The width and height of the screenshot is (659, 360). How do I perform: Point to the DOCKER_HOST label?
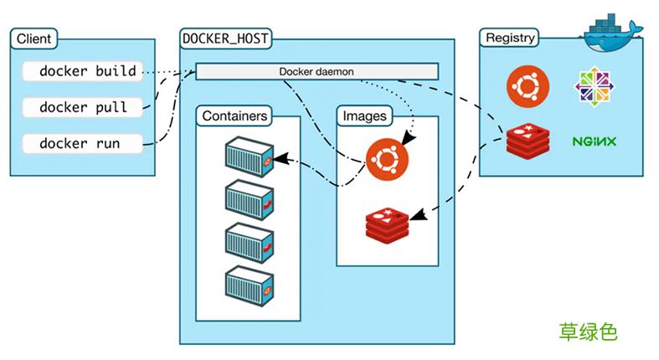pos(225,39)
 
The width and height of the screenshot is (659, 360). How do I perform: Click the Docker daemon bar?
pos(317,71)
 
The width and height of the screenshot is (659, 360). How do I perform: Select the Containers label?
pos(234,116)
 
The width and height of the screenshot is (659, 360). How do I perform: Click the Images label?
pos(365,116)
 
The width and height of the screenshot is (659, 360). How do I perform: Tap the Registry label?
pos(509,38)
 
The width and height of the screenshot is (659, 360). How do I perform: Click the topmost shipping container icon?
pos(250,157)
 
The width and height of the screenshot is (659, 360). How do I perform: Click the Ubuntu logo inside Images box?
pos(388,158)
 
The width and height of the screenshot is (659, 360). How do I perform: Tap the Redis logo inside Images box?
pos(388,224)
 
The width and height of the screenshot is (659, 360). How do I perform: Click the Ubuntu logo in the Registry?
pos(528,85)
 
